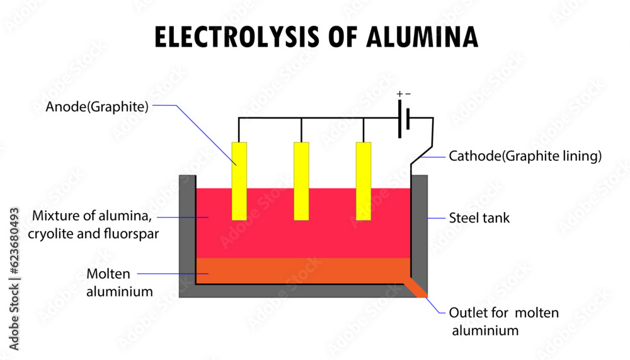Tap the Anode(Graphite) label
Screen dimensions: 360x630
(x=97, y=107)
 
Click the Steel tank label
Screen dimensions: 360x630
(x=479, y=219)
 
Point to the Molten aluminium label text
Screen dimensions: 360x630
(x=120, y=282)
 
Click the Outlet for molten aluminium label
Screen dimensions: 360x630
(x=503, y=321)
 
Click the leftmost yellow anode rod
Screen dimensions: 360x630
(x=239, y=181)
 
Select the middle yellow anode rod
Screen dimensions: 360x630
(x=301, y=181)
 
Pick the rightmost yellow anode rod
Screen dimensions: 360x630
(x=364, y=181)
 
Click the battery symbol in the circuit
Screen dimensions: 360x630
(x=404, y=118)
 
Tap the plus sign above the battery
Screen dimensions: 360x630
(x=399, y=94)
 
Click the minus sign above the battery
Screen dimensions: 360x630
(x=408, y=94)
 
